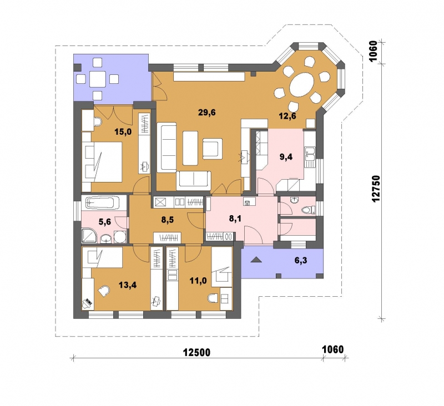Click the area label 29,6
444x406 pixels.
(x=206, y=113)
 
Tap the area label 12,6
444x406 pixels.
(x=287, y=116)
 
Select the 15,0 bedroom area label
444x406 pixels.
(x=123, y=131)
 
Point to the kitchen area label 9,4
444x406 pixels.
(x=286, y=157)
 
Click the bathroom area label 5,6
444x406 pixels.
(x=105, y=222)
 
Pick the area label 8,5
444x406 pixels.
(x=168, y=220)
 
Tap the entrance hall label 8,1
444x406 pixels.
(x=235, y=218)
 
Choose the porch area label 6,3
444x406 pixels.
(x=301, y=260)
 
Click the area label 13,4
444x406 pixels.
(x=128, y=285)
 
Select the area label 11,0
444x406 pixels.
(x=198, y=281)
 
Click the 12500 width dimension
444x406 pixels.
(x=197, y=353)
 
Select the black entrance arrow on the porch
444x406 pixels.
(x=256, y=260)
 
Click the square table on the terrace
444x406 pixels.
(x=98, y=79)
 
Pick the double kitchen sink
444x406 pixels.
(x=310, y=153)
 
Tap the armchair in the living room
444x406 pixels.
(x=213, y=149)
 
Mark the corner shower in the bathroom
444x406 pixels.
(x=89, y=236)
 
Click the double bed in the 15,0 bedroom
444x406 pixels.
(x=102, y=162)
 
